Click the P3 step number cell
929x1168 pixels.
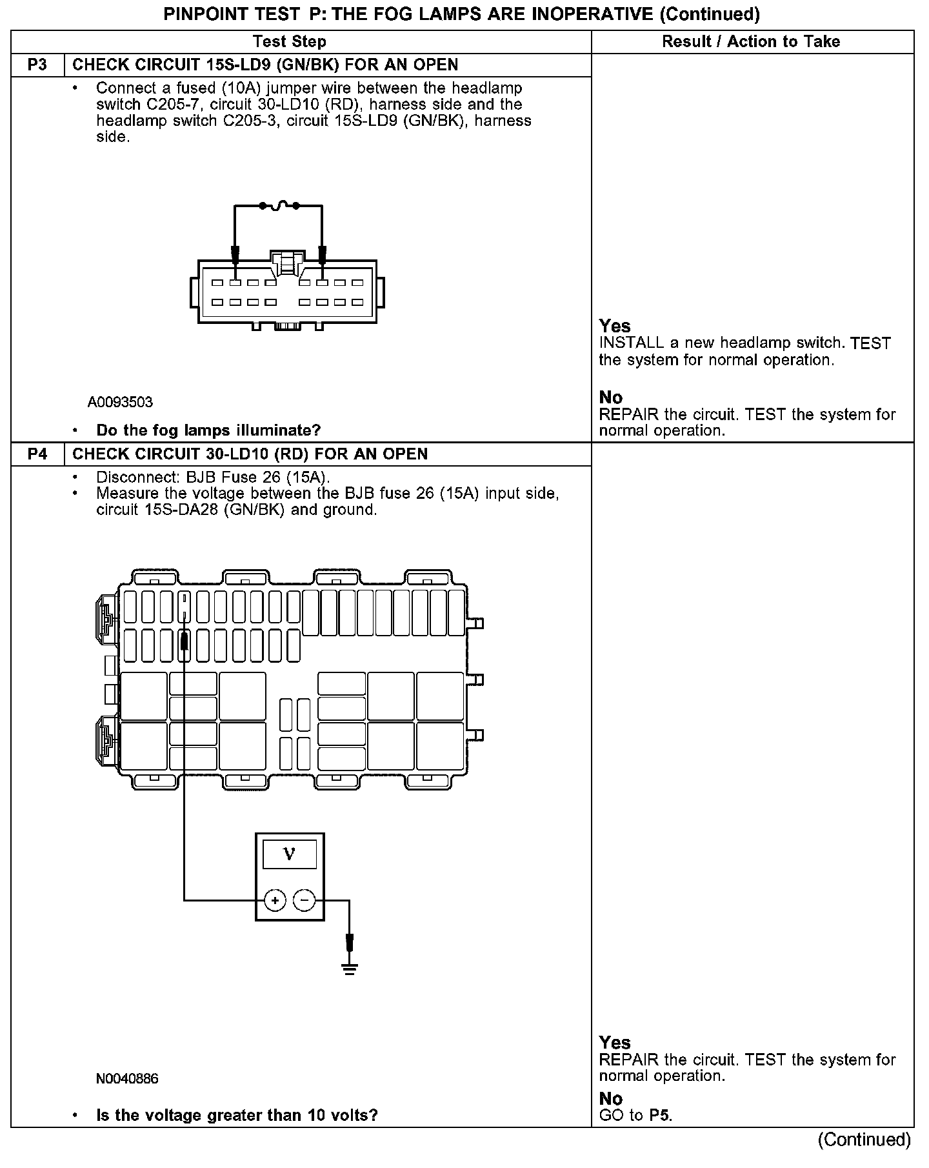37,65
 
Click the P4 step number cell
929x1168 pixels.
37,454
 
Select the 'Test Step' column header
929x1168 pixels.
289,42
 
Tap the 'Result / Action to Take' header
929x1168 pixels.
751,42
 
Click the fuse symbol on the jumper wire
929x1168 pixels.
279,206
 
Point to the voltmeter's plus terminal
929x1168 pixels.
275,900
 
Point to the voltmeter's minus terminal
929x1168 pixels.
305,900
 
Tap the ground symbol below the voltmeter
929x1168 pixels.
350,969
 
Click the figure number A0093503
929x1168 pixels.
121,403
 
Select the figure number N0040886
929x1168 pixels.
127,1079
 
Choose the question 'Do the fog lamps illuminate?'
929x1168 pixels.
208,430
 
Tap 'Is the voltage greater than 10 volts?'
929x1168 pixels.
237,1115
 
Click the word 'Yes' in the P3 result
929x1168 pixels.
615,326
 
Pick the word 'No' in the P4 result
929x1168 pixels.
610,1098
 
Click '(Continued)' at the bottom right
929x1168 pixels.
864,1140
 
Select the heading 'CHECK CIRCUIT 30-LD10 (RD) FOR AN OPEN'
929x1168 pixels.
250,454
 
